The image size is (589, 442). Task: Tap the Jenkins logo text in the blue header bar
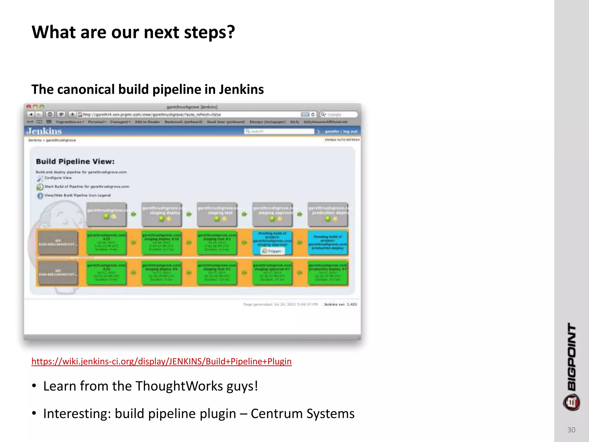point(44,131)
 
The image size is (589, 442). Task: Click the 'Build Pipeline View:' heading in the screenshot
point(75,161)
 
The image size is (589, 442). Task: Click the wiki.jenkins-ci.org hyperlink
point(161,361)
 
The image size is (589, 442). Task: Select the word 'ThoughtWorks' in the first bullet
point(179,386)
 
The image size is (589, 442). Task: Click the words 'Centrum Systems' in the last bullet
point(302,414)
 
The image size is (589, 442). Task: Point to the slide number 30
point(571,430)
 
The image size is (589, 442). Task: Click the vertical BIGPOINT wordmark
point(572,357)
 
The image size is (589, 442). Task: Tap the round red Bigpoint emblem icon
point(571,403)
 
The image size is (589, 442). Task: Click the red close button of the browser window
point(29,107)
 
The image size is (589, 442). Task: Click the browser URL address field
point(190,115)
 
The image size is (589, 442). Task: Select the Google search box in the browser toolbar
point(339,115)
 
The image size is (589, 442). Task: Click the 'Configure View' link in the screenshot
point(58,178)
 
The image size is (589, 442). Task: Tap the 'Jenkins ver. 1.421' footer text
point(340,304)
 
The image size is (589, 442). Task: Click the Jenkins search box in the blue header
point(279,131)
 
